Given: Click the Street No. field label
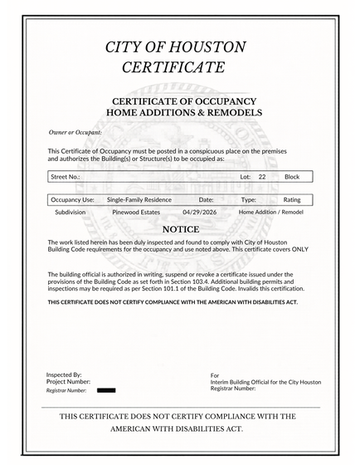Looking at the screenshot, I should [x=66, y=177].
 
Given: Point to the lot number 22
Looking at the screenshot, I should [x=262, y=177].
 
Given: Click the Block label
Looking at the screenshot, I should [x=292, y=177].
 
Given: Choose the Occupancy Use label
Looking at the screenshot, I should [x=73, y=200].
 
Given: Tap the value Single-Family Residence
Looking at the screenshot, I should [x=139, y=200].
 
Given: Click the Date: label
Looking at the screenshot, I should [x=207, y=200].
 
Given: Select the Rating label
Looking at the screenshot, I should [x=292, y=200].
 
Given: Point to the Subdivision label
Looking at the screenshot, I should [x=70, y=213].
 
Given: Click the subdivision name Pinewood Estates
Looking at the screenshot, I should [x=135, y=213].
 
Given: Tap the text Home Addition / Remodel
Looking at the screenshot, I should [x=270, y=213].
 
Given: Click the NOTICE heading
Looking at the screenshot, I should [x=180, y=228].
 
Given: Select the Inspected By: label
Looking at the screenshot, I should [x=64, y=374].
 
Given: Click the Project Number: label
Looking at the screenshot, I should [x=69, y=381].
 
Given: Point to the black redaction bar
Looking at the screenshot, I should [x=106, y=389].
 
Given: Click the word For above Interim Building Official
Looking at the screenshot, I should [x=215, y=375].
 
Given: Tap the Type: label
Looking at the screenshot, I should [x=249, y=200].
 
